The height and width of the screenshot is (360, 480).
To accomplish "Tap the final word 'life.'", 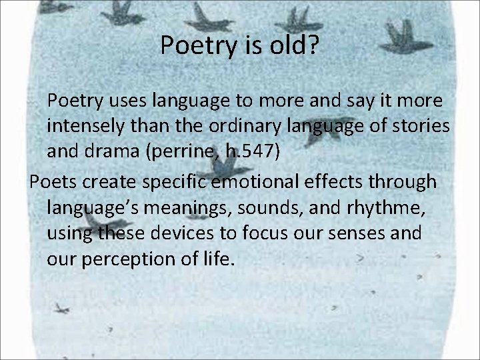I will coord(218,258).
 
